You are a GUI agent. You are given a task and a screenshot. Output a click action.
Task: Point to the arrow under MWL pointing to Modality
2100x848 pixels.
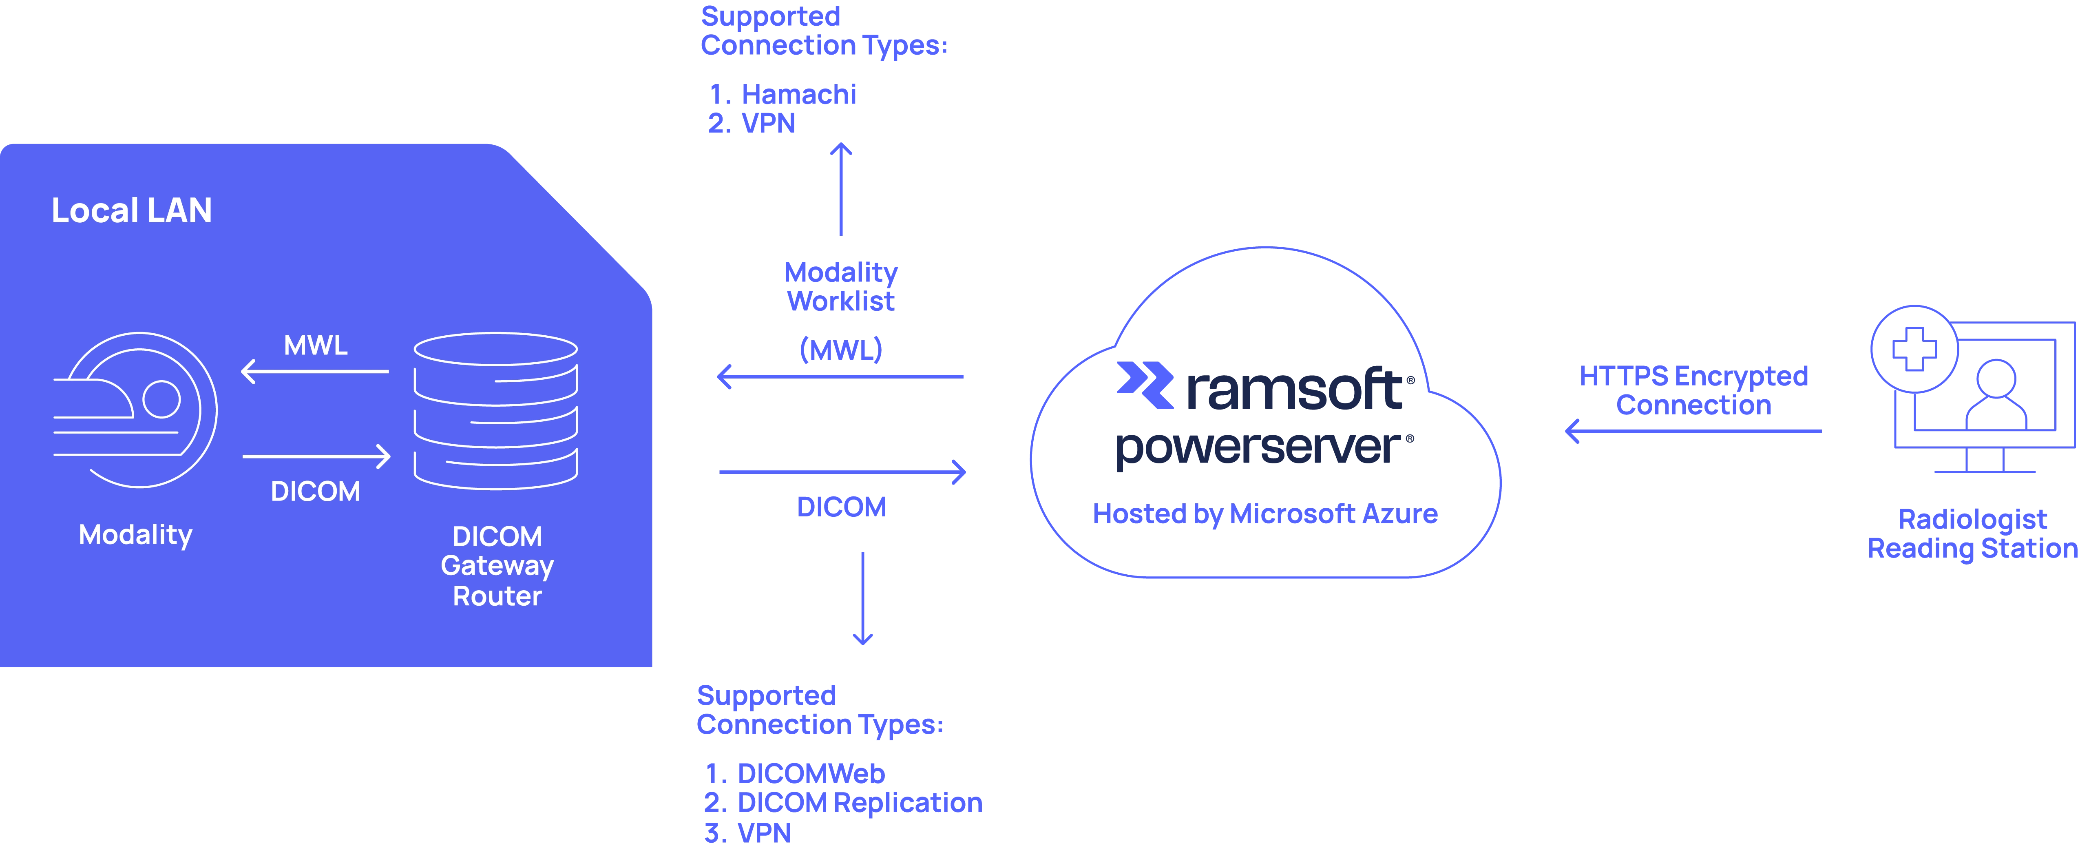pos(315,372)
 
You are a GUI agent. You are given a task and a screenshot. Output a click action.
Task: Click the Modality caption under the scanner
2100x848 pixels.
pos(135,535)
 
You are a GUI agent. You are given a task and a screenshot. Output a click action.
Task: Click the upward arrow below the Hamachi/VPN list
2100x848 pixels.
pos(841,189)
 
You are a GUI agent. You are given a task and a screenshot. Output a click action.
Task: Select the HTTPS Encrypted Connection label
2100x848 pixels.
pos(1693,391)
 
